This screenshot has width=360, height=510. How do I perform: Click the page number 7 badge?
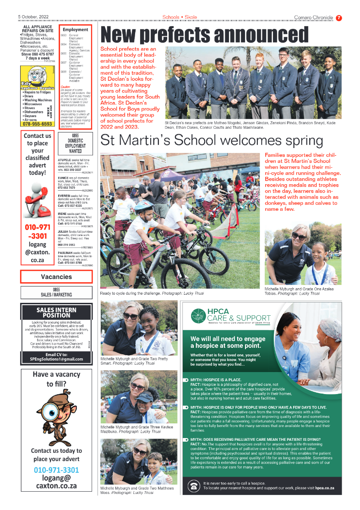tap(339, 18)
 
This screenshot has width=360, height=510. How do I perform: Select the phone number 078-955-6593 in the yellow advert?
tap(37, 124)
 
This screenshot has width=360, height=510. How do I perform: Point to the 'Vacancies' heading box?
tap(56, 277)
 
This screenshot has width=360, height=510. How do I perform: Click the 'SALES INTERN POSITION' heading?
tap(56, 313)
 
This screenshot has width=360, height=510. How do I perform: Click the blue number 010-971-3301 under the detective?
tap(56, 470)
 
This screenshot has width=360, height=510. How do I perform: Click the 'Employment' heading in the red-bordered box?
tap(76, 29)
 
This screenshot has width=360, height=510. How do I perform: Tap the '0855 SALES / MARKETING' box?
tap(56, 292)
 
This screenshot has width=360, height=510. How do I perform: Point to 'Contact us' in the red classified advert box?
tap(38, 136)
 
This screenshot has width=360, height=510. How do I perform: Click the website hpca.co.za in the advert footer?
tap(325, 488)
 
